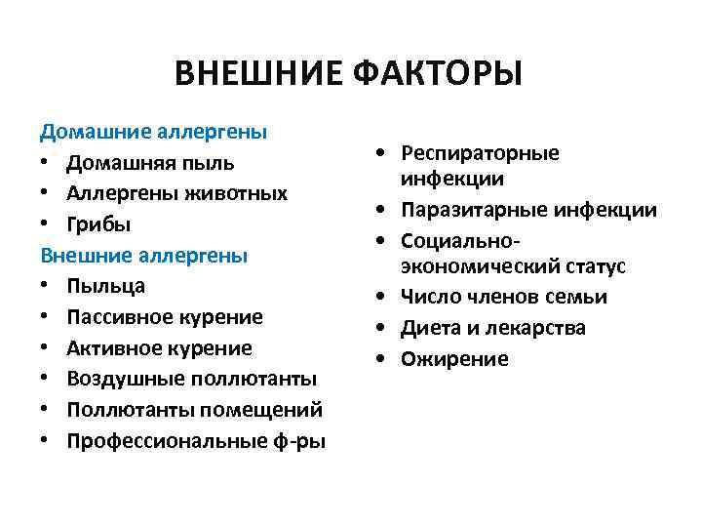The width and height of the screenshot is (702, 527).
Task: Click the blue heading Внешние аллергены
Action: coord(144,255)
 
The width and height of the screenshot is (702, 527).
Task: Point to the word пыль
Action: coord(212,161)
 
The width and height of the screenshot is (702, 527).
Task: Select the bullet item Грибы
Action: coord(98,223)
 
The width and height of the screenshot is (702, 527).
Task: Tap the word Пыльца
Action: coord(106,286)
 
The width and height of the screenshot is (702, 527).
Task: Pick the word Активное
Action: coord(111,348)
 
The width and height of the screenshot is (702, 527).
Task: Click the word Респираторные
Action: coord(483,154)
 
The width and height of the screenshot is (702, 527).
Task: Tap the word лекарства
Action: coord(537,328)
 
